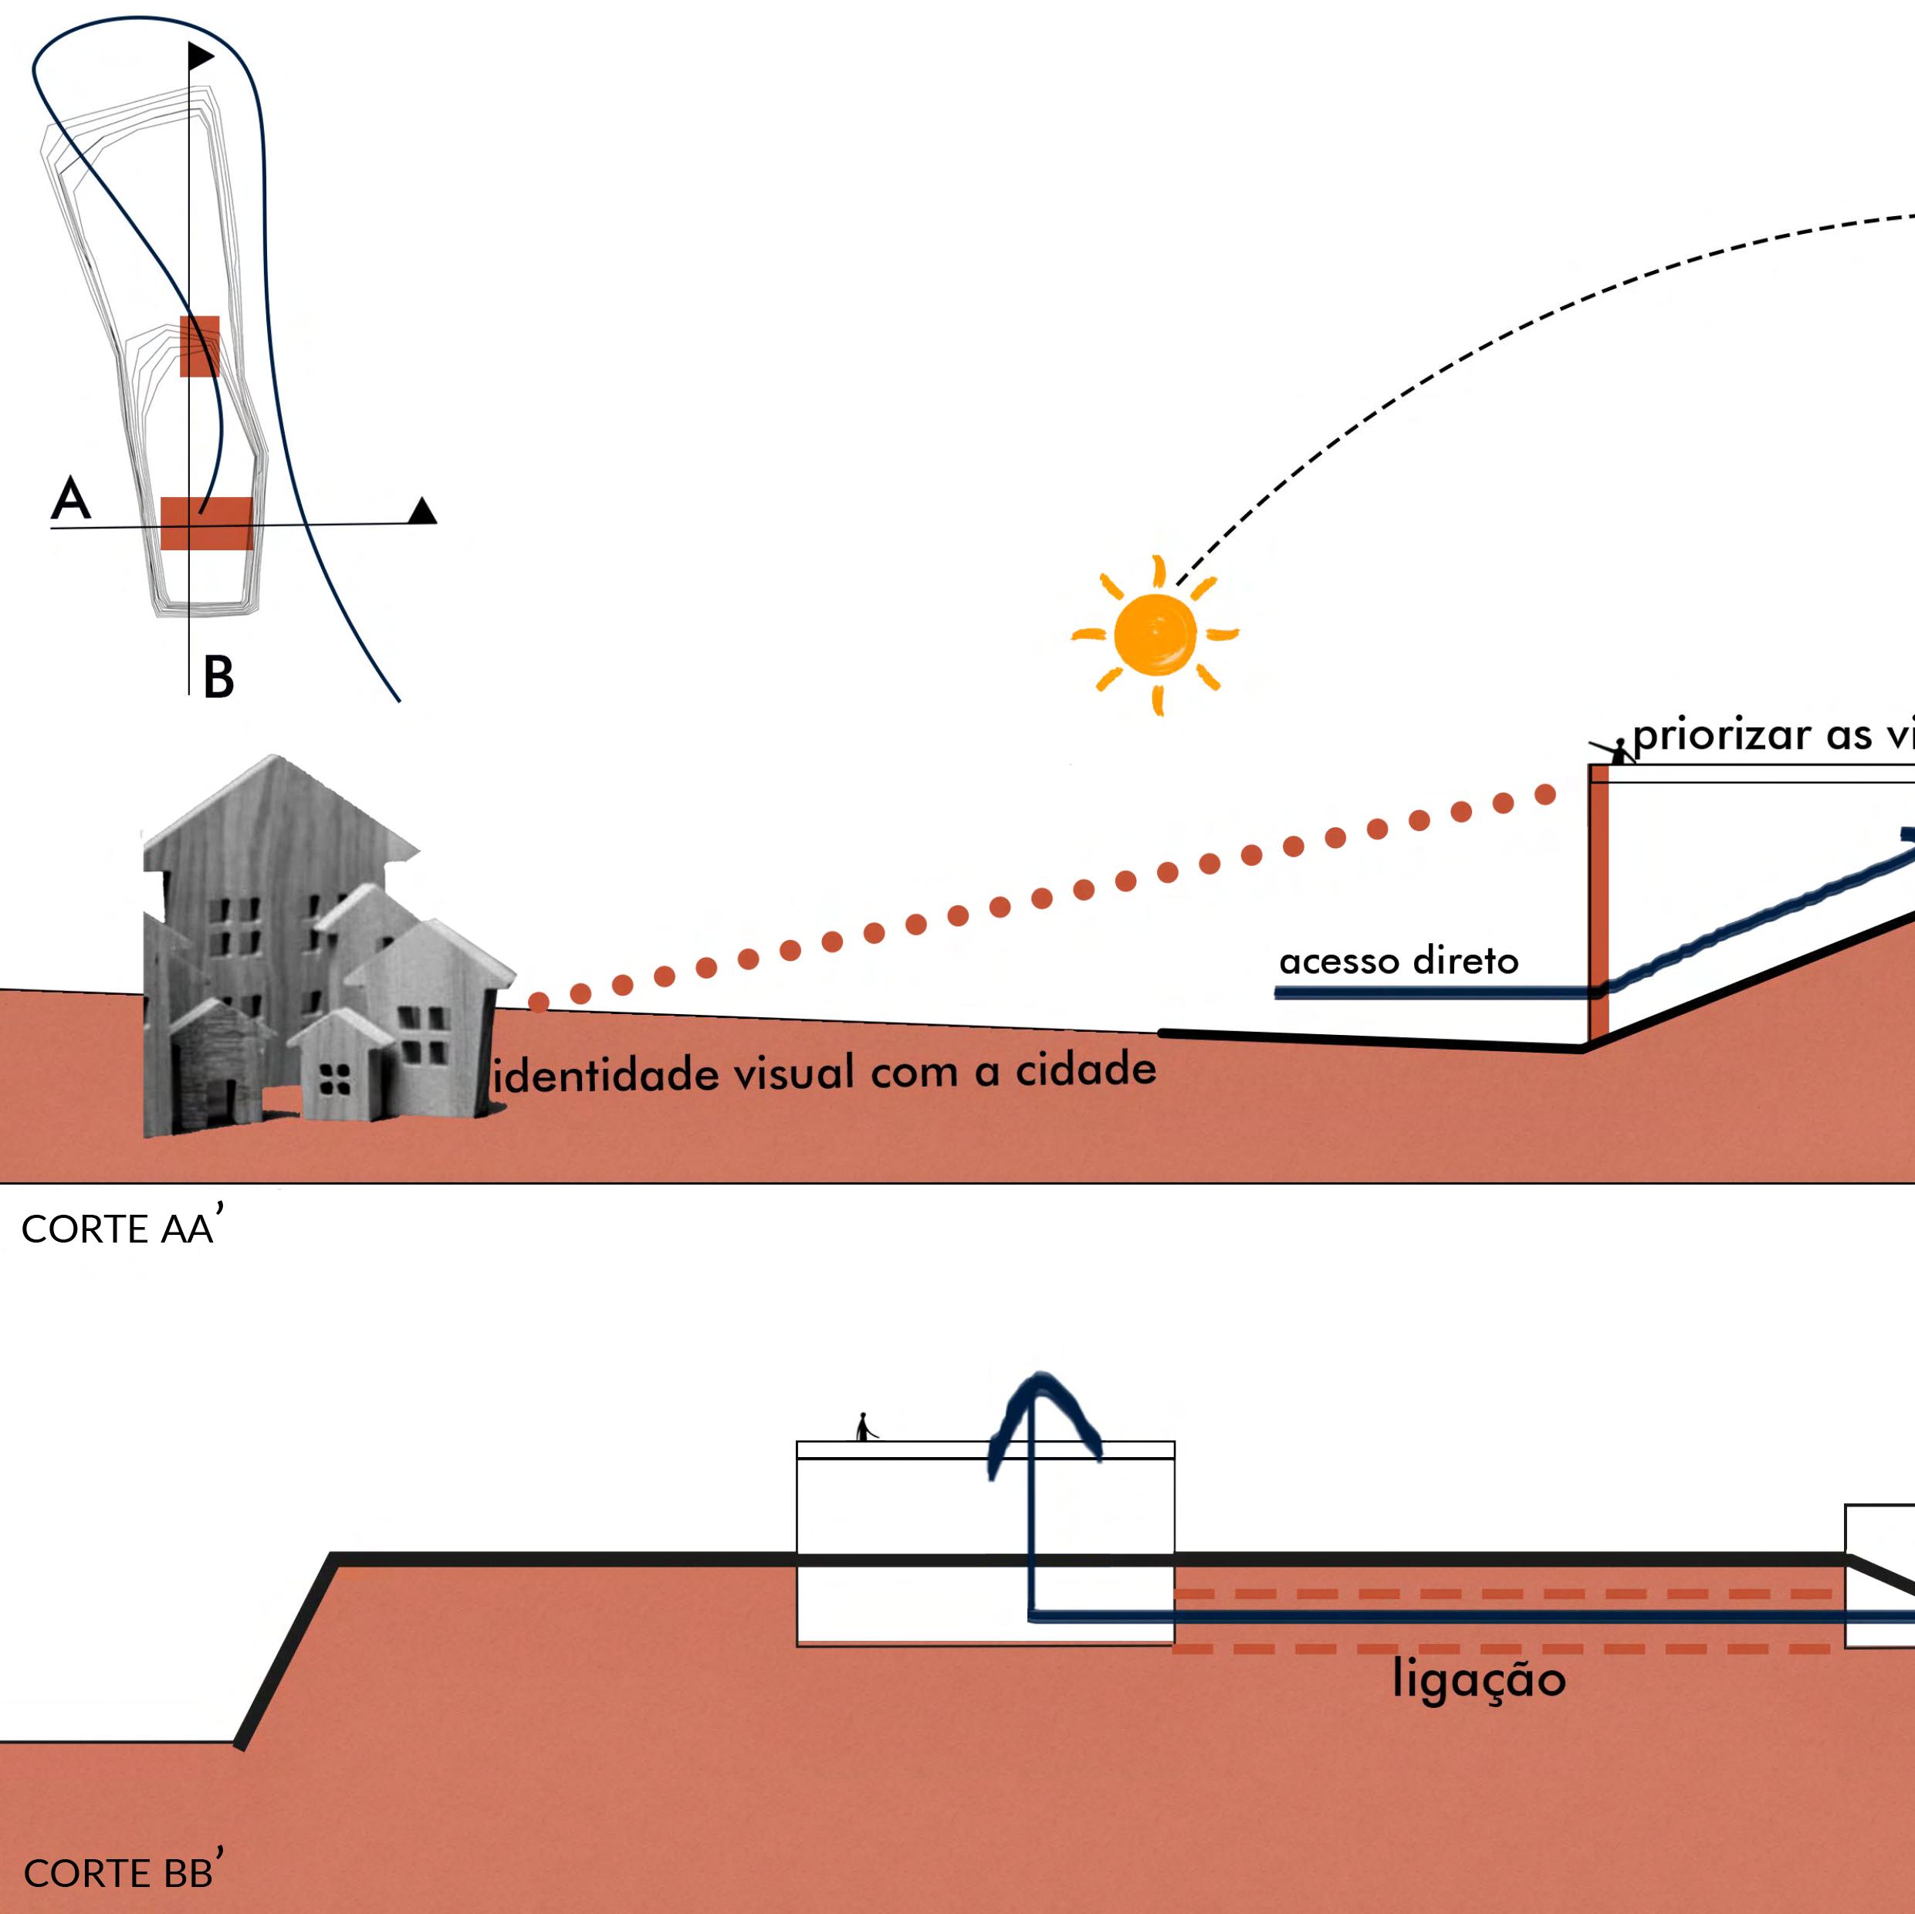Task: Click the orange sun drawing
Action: [1155, 634]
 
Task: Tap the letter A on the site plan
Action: [70, 498]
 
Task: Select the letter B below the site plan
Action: [218, 678]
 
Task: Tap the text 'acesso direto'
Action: [1398, 960]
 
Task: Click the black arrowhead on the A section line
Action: [422, 510]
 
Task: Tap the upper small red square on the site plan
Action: [199, 346]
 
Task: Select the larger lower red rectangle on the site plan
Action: [206, 522]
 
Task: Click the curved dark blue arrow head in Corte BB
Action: [1043, 1408]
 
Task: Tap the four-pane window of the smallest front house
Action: [335, 1080]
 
